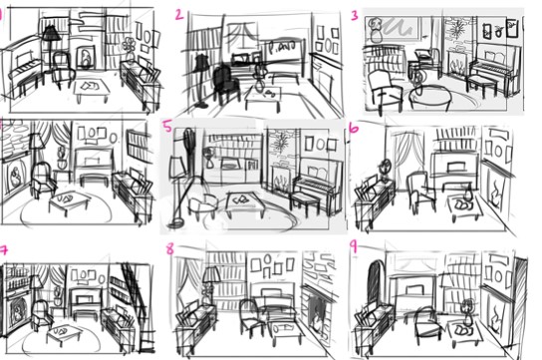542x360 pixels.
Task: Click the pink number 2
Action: click(179, 15)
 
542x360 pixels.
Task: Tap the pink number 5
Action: click(168, 127)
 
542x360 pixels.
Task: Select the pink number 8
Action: click(170, 249)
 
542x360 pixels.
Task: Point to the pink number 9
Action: click(354, 247)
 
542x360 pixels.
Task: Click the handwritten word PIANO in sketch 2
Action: click(279, 47)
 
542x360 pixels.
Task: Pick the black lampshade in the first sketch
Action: click(51, 33)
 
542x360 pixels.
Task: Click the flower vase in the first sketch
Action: click(130, 51)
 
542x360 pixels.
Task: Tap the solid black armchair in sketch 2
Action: click(225, 84)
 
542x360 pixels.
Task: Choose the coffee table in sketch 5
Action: click(245, 203)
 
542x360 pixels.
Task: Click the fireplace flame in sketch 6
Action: click(496, 193)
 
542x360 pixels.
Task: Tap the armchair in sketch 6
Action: click(420, 190)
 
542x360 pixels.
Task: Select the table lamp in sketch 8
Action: click(211, 284)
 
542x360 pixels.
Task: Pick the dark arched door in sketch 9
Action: click(376, 283)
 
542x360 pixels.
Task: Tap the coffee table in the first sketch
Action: click(92, 87)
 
